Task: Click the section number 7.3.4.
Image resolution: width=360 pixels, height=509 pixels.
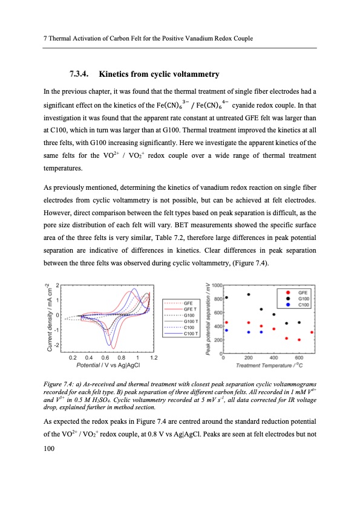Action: [76, 74]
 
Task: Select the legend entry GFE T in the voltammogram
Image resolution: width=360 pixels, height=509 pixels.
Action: [188, 308]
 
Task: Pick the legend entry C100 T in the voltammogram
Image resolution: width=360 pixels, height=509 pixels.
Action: [189, 334]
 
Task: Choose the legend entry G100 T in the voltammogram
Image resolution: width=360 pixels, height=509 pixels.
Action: [189, 320]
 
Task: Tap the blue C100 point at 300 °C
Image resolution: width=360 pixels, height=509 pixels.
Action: [261, 332]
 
